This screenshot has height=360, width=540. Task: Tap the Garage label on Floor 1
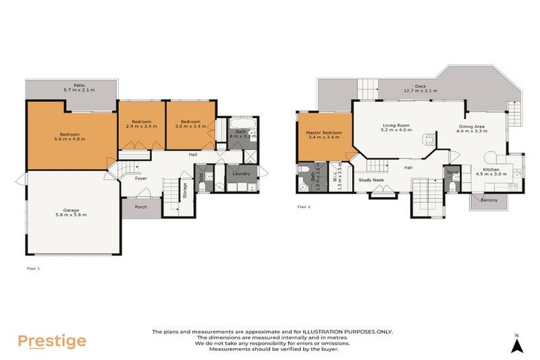tap(70, 212)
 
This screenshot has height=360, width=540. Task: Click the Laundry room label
tap(241, 173)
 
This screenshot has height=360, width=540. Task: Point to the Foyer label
tap(141, 179)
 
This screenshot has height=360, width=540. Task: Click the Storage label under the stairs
tap(185, 191)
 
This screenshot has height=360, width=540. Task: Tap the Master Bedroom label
tap(323, 135)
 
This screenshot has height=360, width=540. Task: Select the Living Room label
tap(395, 127)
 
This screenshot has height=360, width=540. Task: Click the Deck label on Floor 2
tap(420, 88)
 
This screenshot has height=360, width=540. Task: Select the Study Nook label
tap(371, 180)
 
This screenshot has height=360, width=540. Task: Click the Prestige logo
tap(52, 342)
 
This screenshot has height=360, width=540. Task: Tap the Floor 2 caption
tap(304, 207)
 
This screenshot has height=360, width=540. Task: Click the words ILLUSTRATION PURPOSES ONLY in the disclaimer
tap(352, 331)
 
